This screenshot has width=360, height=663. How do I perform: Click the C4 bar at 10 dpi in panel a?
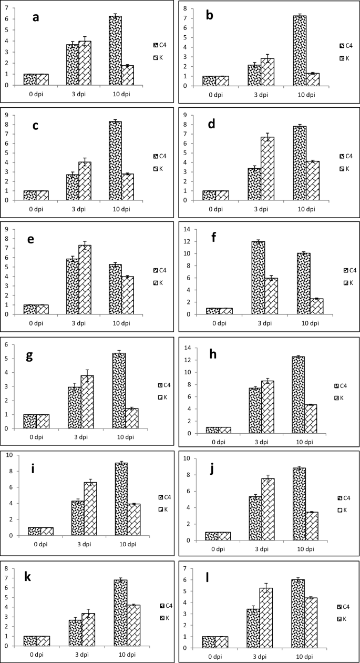pos(115,50)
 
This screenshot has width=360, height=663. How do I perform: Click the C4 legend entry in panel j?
pos(345,498)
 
